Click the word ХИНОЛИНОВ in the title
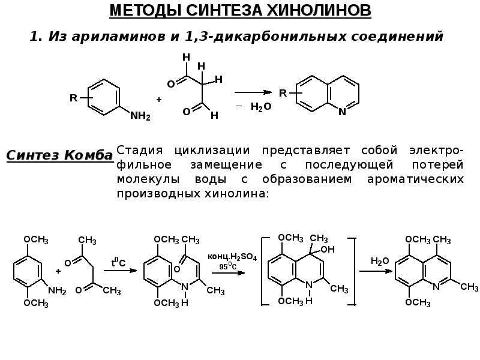pyautogui.click(x=319, y=10)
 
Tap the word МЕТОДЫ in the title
pyautogui.click(x=145, y=10)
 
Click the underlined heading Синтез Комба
pyautogui.click(x=59, y=155)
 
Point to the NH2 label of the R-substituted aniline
pyautogui.click(x=140, y=116)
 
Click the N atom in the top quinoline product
pyautogui.click(x=342, y=112)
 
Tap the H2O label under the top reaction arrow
pyautogui.click(x=261, y=107)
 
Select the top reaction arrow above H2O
pyautogui.click(x=253, y=92)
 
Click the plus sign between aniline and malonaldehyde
pyautogui.click(x=159, y=100)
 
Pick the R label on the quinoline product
pyautogui.click(x=283, y=93)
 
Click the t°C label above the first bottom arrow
pyautogui.click(x=118, y=262)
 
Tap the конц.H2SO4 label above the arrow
pyautogui.click(x=232, y=257)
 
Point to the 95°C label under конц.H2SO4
pyautogui.click(x=228, y=266)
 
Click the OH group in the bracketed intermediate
pyautogui.click(x=328, y=250)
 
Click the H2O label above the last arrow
pyautogui.click(x=380, y=261)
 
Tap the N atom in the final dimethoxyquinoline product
pyautogui.click(x=436, y=287)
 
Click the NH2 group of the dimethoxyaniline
pyautogui.click(x=57, y=290)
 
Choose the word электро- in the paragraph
pyautogui.click(x=436, y=151)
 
